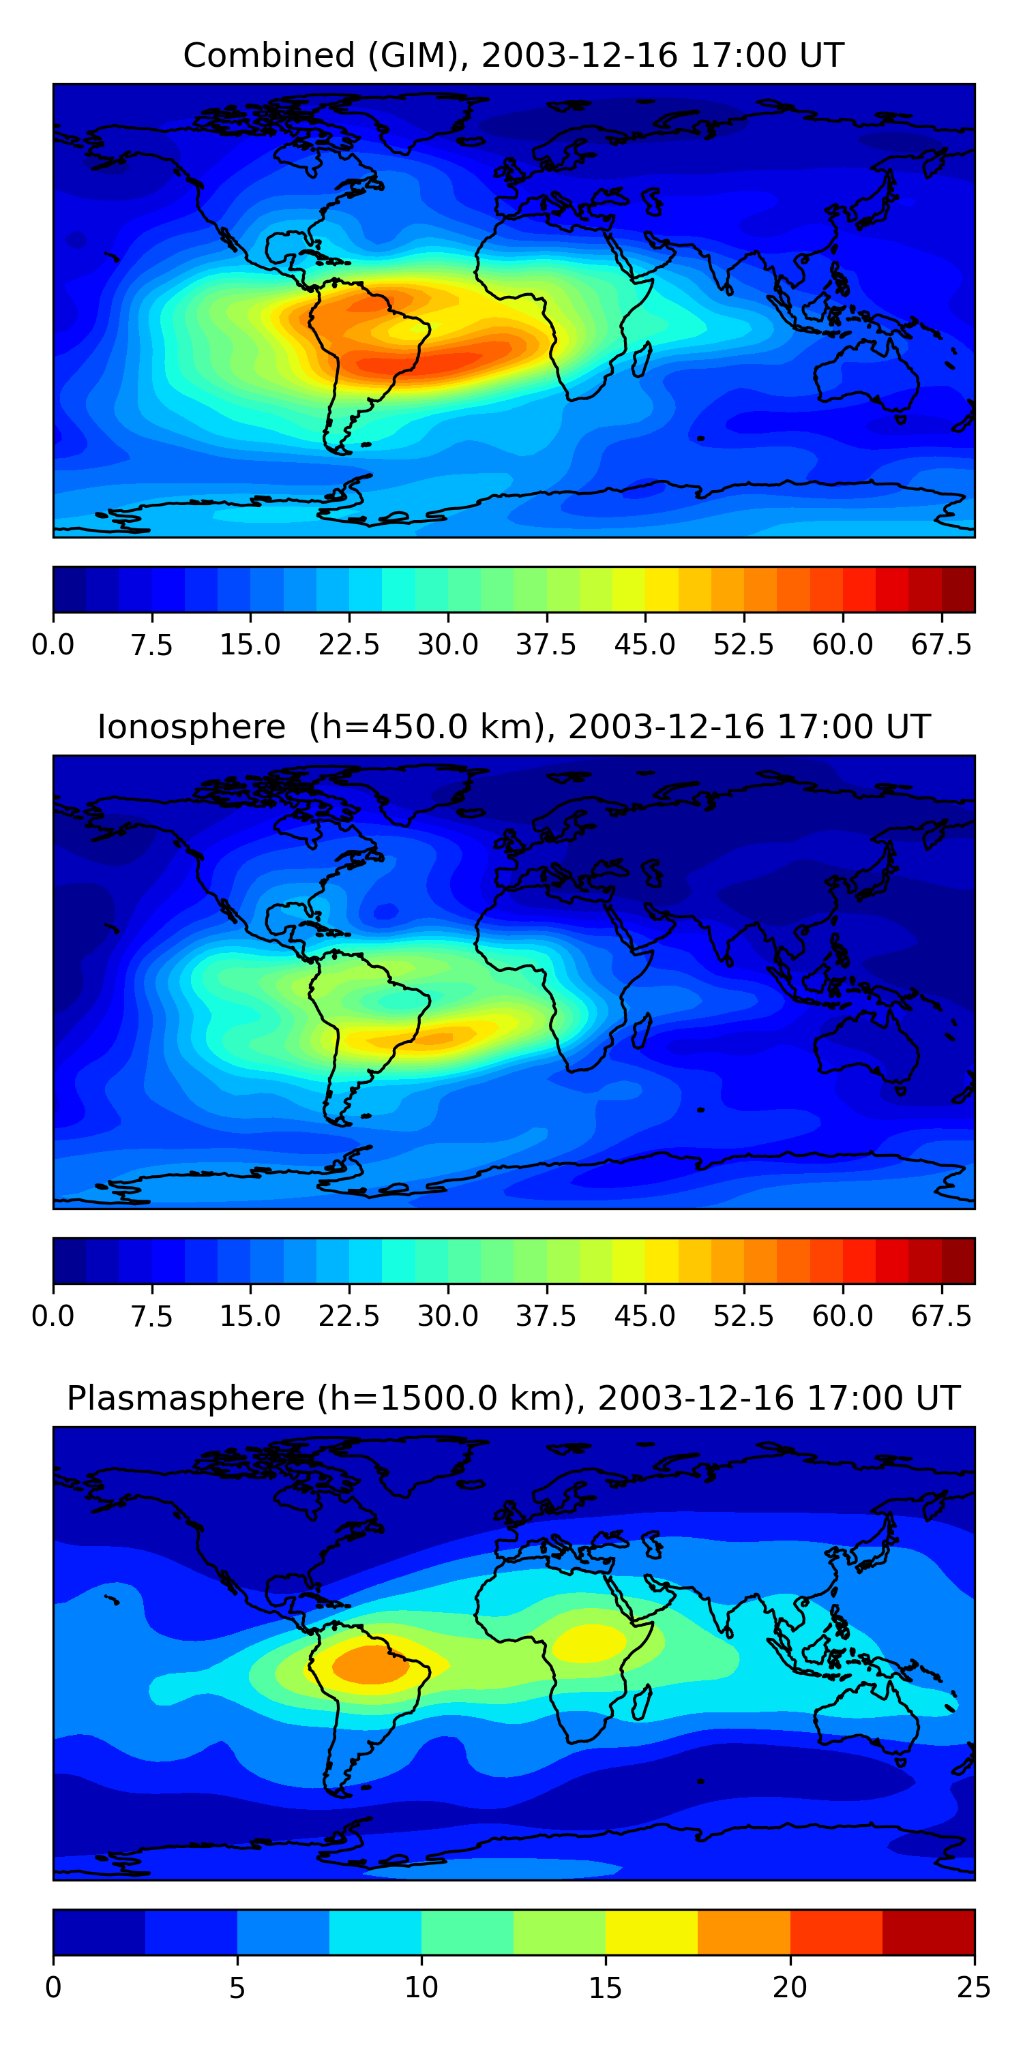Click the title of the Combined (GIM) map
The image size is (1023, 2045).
click(513, 56)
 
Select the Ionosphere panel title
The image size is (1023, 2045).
click(513, 727)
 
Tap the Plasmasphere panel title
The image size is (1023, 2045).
click(513, 1398)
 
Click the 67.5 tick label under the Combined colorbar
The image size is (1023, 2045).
click(941, 645)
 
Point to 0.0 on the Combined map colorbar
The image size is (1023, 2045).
click(53, 645)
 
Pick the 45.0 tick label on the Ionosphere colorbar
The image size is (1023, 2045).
click(645, 1316)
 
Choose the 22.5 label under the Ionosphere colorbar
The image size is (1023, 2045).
click(349, 1316)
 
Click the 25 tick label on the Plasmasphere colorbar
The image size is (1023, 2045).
click(974, 1988)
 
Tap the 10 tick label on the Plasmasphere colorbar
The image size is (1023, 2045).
click(421, 1988)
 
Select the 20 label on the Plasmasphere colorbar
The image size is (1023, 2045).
click(790, 1988)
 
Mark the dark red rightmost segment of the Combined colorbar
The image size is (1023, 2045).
click(958, 590)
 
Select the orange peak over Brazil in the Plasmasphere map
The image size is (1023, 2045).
click(370, 1664)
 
